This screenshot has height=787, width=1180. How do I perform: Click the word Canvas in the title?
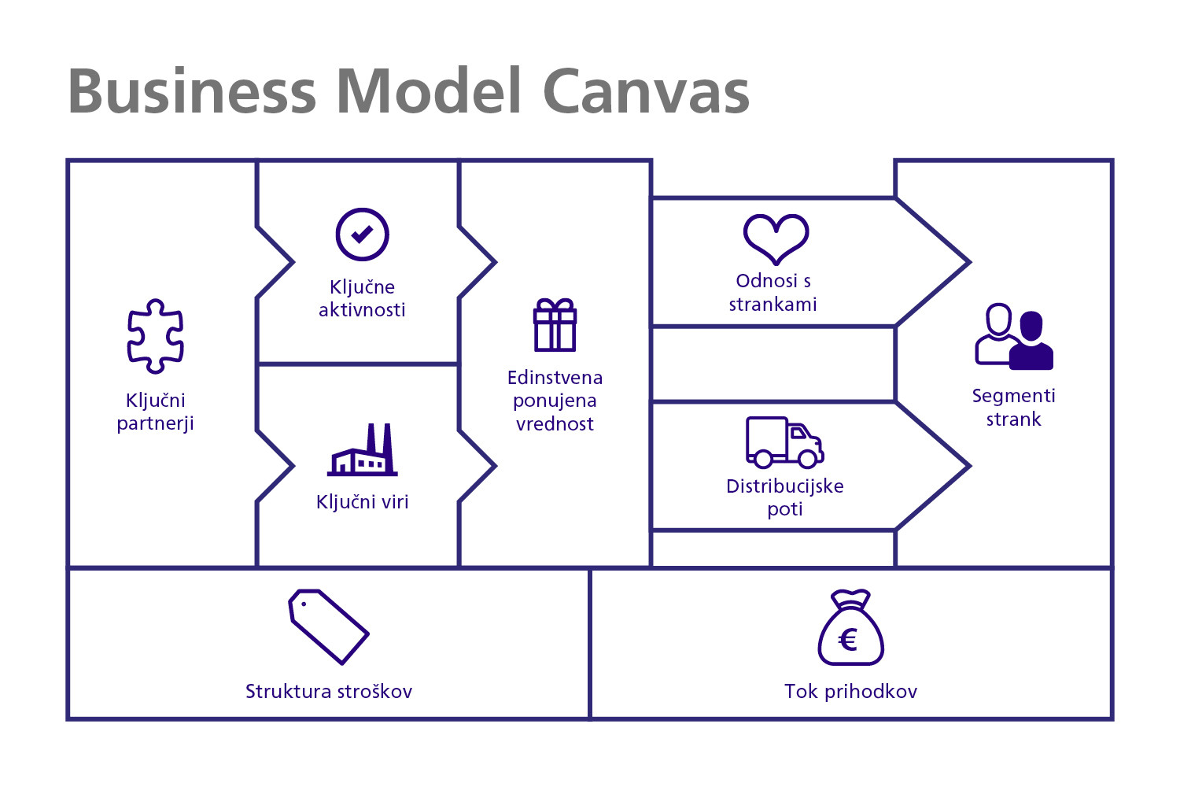coord(647,91)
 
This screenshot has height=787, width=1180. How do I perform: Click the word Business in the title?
coord(192,91)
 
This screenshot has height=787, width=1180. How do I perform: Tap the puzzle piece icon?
coord(156,336)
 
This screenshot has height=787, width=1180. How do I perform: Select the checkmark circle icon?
coord(363,235)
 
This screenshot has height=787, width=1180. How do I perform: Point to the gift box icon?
coord(555,325)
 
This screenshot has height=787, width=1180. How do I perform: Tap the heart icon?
coord(776,238)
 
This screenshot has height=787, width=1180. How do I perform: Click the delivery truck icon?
coord(784,442)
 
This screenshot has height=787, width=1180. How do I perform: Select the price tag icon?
coord(329,626)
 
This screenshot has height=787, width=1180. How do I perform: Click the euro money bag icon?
coord(850,627)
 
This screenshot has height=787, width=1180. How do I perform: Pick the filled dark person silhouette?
coord(1031,341)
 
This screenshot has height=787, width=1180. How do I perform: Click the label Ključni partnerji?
coord(156,412)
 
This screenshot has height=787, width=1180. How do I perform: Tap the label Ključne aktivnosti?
coord(363,298)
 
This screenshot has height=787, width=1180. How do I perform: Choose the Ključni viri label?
coord(363,502)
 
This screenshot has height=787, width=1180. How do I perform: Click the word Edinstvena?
coord(555,378)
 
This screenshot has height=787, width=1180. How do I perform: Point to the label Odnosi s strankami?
coord(773,293)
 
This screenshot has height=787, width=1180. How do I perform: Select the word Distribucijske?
coord(785,486)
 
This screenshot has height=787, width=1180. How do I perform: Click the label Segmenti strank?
coord(1013,407)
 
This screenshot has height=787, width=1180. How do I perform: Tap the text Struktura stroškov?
coord(329,691)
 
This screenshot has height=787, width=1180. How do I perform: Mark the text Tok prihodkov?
coord(850,691)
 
